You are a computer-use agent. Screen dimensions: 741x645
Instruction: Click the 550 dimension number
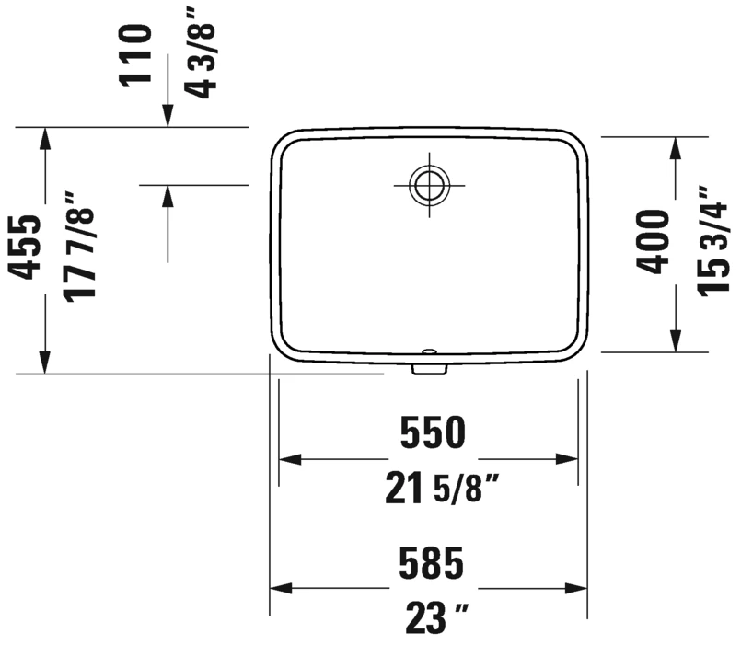(x=433, y=432)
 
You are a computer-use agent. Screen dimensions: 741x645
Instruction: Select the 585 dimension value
(x=431, y=563)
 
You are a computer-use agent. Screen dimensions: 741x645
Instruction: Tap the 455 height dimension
(x=25, y=248)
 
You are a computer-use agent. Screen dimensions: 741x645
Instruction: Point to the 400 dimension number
(x=653, y=241)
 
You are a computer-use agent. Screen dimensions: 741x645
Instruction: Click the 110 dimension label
(x=135, y=56)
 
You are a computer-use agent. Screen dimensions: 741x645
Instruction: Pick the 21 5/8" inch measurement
(x=442, y=489)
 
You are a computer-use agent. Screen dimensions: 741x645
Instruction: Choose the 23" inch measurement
(x=437, y=617)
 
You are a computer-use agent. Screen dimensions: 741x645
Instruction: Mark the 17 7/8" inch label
(x=79, y=247)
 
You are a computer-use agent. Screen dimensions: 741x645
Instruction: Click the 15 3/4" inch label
(x=712, y=241)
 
